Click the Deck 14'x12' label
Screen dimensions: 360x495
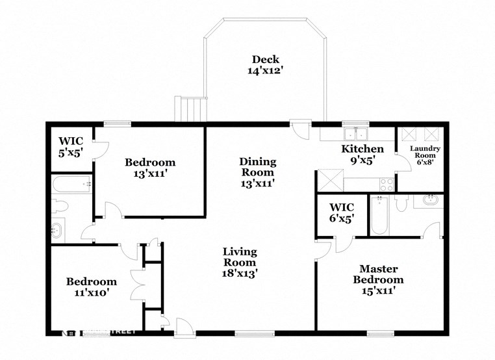[266, 65]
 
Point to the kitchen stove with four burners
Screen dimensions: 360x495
[386, 183]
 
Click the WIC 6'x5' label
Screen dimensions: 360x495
[337, 213]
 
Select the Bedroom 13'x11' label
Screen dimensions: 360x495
[150, 168]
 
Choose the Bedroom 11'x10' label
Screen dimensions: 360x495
[92, 287]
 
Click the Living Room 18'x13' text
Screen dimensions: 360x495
[239, 263]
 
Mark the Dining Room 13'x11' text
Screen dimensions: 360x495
[257, 172]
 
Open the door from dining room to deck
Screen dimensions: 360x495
[300, 128]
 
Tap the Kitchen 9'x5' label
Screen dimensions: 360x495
[362, 155]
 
